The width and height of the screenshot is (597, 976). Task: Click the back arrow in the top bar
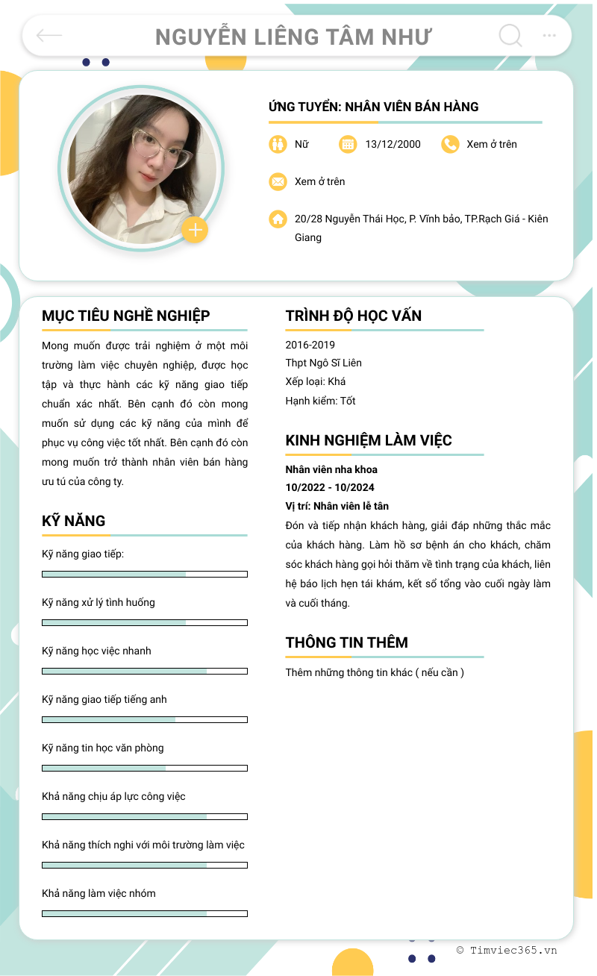[49, 35]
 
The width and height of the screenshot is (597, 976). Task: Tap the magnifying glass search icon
[510, 35]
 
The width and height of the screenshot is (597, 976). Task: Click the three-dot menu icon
[549, 35]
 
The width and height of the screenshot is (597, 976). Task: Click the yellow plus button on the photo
[195, 231]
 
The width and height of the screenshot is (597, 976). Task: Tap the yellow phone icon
[449, 144]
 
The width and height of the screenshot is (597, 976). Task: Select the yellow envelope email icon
[278, 181]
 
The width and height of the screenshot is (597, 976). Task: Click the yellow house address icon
[278, 219]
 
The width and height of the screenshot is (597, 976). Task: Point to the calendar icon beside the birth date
[348, 144]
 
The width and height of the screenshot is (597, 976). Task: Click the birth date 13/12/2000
[393, 144]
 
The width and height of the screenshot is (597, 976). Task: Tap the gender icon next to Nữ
[278, 144]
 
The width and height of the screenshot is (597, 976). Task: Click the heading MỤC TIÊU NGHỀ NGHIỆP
[125, 316]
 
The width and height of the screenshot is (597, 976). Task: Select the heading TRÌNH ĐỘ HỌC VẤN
[353, 316]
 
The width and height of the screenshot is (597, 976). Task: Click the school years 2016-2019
[310, 345]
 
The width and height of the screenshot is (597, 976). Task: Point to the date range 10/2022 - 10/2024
[329, 487]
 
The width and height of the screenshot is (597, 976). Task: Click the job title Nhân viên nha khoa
[331, 469]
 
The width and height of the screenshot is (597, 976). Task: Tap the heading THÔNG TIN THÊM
[346, 642]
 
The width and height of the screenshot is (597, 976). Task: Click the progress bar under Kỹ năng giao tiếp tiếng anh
[144, 719]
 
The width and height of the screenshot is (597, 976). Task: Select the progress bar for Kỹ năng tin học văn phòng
[144, 768]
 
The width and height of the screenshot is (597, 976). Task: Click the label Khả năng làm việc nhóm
[99, 893]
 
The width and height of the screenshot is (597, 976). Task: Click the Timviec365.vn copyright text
[507, 950]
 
